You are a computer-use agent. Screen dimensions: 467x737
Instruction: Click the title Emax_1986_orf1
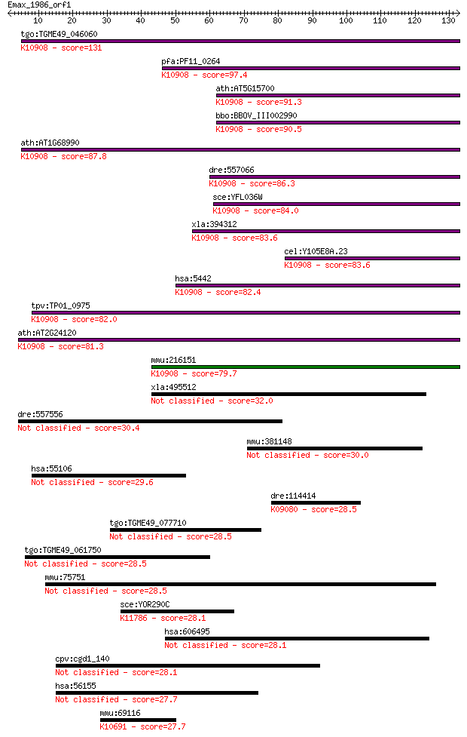39,5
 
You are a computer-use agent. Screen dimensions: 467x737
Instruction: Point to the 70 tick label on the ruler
243,20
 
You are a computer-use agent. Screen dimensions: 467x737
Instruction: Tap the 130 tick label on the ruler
448,20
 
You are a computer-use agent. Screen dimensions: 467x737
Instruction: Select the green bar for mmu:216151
306,367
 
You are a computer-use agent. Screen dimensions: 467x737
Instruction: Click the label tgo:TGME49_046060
60,34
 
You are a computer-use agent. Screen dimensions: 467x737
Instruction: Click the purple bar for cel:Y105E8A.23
372,258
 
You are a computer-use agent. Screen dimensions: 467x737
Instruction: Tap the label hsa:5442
193,278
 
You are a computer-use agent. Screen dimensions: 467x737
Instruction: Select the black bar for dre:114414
316,502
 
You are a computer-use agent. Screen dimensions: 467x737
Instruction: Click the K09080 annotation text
285,509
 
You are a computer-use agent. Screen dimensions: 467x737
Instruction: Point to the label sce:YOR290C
145,604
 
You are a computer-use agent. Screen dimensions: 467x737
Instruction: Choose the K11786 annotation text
134,618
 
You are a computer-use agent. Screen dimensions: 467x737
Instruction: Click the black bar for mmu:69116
138,720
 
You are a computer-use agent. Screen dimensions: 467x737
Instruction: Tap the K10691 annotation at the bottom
113,726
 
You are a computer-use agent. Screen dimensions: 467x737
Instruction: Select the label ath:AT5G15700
245,88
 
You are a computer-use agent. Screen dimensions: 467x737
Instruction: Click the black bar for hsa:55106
109,476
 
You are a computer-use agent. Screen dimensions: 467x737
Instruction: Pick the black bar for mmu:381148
334,448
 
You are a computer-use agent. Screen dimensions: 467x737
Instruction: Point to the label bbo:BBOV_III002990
256,115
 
